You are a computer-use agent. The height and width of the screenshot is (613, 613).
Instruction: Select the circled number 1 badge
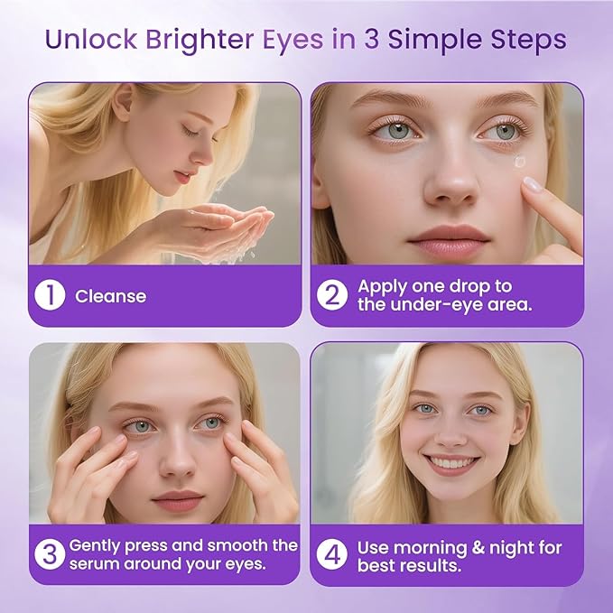tap(51, 296)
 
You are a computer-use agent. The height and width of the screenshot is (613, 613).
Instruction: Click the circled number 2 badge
tap(333, 296)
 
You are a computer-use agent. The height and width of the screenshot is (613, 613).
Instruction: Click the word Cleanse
tap(110, 296)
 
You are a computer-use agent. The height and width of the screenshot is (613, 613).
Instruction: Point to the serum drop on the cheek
tap(518, 163)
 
